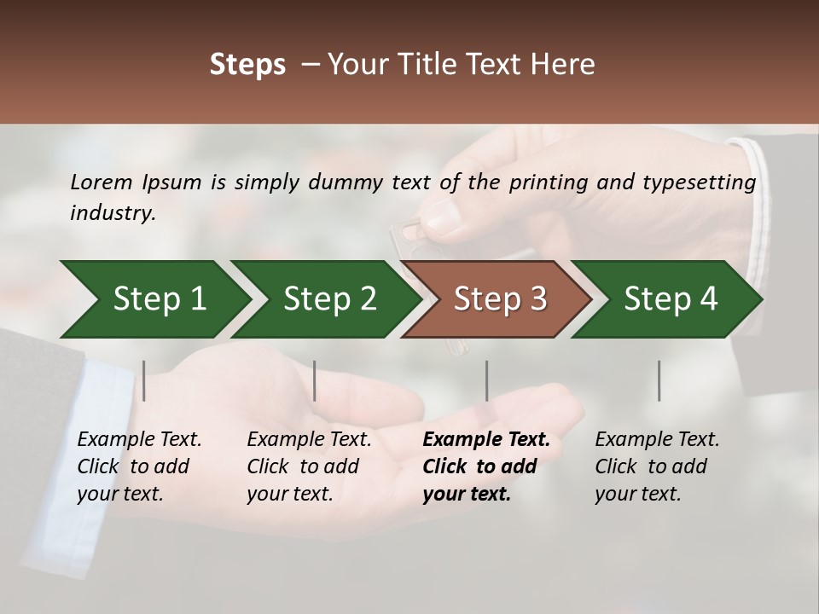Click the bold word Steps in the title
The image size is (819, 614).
[x=247, y=65]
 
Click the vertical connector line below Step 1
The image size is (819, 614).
[x=144, y=380]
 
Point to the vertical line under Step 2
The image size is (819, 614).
[x=315, y=380]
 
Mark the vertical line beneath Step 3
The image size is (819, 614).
[x=487, y=380]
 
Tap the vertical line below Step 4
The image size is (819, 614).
[x=659, y=380]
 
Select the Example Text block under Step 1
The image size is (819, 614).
[x=139, y=466]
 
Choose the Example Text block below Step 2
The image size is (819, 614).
[x=309, y=466]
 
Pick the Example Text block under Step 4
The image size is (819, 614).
[x=657, y=466]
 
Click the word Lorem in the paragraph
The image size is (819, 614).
[x=102, y=182]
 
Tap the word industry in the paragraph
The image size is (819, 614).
[x=112, y=213]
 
